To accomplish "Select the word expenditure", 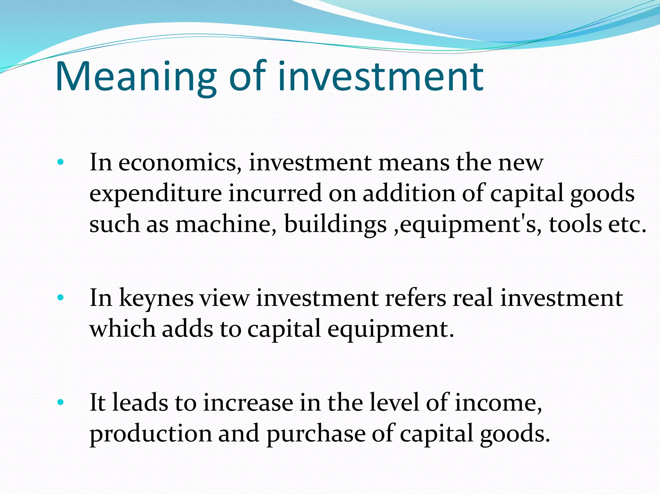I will click(155, 194).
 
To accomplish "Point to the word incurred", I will click(275, 194).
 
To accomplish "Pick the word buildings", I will click(335, 224).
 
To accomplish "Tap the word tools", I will click(575, 224).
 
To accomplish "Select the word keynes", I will click(156, 298).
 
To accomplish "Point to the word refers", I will click(415, 298).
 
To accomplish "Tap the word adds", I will click(187, 329).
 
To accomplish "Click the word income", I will click(498, 403).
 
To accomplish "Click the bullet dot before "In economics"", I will click(60, 162).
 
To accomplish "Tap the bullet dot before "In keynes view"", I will click(60, 298).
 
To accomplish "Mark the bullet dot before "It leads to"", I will click(60, 403).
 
